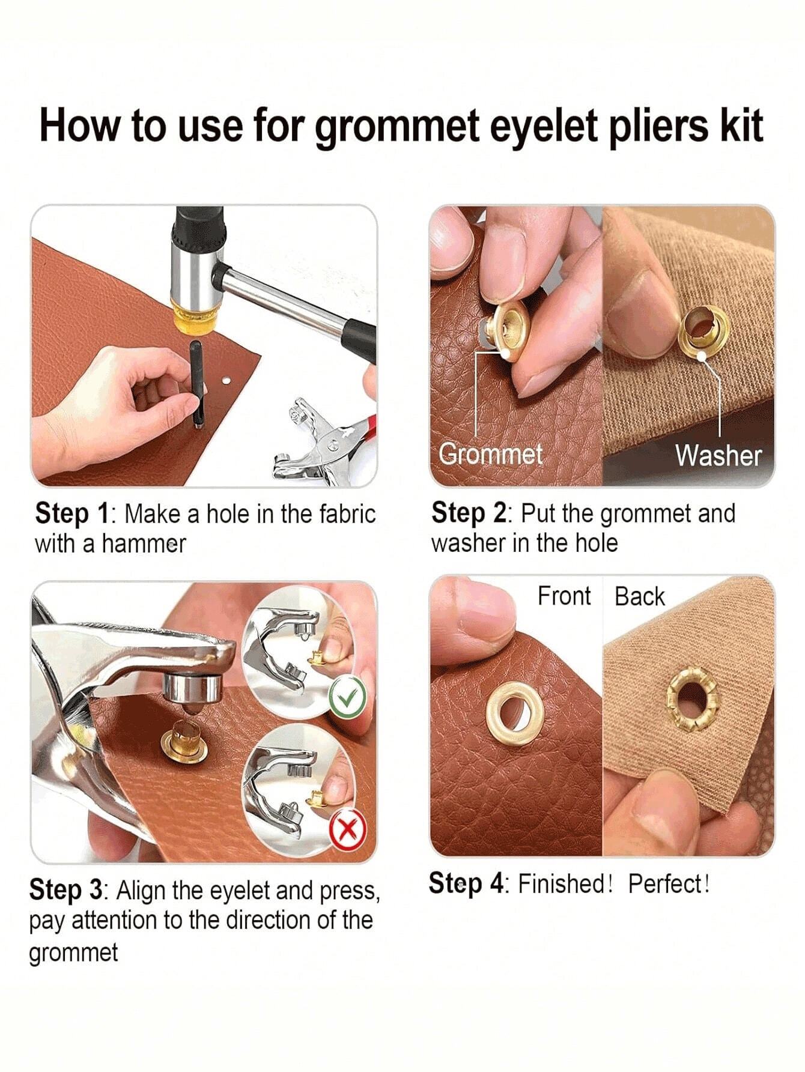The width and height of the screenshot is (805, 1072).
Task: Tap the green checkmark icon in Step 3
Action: coord(348,697)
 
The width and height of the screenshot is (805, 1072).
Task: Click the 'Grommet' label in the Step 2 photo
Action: coord(490,454)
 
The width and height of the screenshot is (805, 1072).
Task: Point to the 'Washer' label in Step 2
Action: coord(718,456)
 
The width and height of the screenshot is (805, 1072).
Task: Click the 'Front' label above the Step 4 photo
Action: coord(564,596)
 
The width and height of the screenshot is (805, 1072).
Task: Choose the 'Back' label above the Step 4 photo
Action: coord(640,597)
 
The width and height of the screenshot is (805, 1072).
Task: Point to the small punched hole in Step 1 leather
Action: coord(226,381)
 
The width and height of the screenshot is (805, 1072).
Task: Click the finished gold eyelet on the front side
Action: coord(515,713)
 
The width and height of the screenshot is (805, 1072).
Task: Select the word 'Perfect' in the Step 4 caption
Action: coord(666,883)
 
